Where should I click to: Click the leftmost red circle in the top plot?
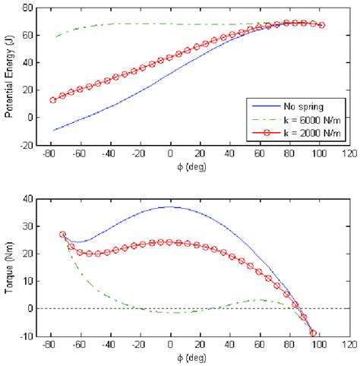pos(53,99)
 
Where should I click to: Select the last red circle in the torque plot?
pos(313,333)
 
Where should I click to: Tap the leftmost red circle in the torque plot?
pos(62,235)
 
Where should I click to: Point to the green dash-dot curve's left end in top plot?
pos(55,36)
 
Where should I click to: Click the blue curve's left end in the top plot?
pos(53,130)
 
